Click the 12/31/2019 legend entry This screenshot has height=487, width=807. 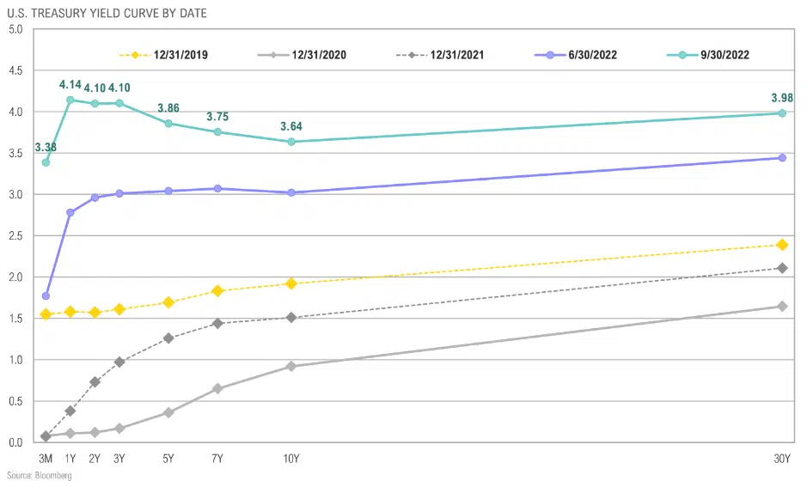163,55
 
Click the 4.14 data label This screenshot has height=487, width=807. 70,85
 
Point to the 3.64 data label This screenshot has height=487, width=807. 292,127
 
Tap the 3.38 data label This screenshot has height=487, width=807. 46,148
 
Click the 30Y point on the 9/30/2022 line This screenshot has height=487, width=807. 782,113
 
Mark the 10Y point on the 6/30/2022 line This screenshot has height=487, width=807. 292,192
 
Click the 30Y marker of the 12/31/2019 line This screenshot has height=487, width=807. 782,245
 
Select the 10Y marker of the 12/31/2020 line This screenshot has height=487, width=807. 292,366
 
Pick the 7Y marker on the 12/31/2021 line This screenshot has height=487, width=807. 217,323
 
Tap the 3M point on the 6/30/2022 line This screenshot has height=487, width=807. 46,295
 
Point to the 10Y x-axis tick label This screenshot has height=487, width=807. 292,459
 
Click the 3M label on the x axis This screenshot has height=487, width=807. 46,459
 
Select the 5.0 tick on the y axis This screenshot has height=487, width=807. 15,29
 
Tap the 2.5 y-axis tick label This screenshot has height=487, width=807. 15,235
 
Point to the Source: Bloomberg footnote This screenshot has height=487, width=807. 40,475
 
